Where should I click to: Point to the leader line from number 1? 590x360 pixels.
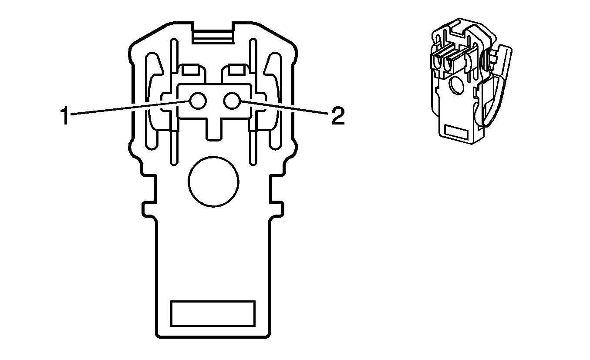[x=131, y=108]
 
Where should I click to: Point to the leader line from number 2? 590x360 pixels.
[x=283, y=108]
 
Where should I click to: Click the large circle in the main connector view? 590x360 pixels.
[x=213, y=182]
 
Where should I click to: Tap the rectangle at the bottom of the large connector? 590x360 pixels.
[x=212, y=313]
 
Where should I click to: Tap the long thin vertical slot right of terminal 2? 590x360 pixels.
[x=253, y=104]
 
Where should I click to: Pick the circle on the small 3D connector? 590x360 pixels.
[x=457, y=85]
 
